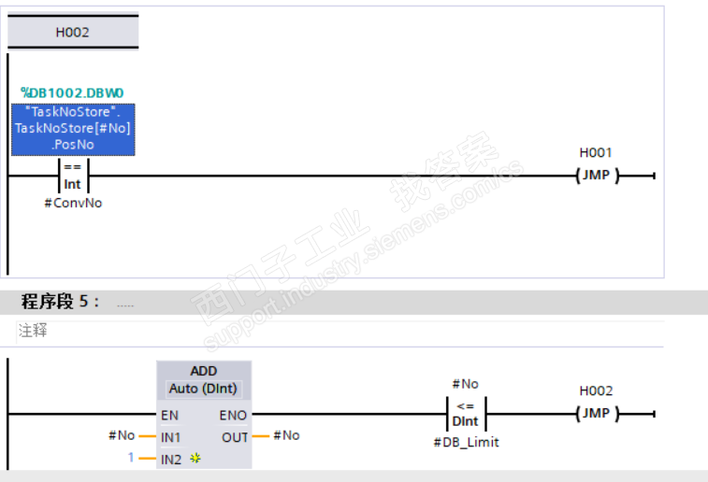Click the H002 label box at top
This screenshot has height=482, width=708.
click(x=72, y=32)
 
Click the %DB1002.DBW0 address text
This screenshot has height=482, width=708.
click(x=72, y=92)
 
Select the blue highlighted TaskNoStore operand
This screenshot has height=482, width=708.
click(x=72, y=129)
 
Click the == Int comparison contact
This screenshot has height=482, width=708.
click(x=72, y=176)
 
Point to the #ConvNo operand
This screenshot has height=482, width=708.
click(x=72, y=203)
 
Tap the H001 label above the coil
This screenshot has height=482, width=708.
click(x=596, y=152)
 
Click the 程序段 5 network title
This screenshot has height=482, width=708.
click(x=60, y=302)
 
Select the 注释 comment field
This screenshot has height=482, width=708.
click(x=33, y=330)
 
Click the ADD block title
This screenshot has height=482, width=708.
click(x=203, y=371)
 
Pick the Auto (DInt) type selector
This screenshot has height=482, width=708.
click(x=203, y=388)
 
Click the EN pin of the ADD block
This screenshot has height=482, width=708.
click(x=169, y=414)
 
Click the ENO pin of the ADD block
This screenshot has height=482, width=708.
click(x=233, y=414)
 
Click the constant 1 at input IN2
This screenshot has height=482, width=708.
click(x=131, y=458)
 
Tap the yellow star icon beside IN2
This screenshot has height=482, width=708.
click(x=195, y=458)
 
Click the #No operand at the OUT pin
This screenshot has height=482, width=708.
click(x=286, y=435)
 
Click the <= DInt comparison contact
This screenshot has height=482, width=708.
click(x=465, y=413)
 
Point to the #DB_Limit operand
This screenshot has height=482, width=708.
click(x=466, y=442)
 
